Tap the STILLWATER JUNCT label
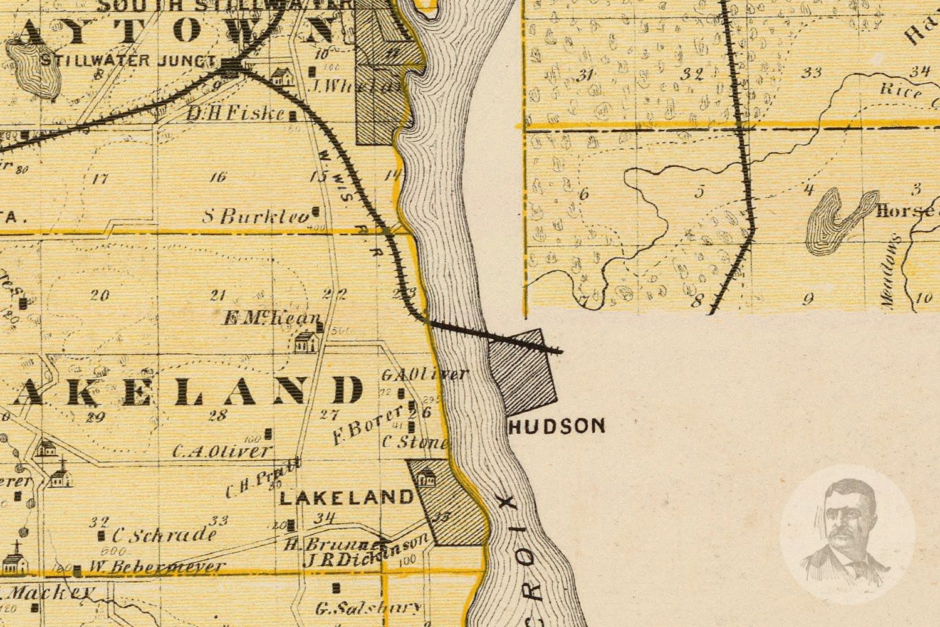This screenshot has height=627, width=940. pyautogui.click(x=128, y=61)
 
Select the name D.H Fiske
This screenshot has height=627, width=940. pyautogui.click(x=237, y=113)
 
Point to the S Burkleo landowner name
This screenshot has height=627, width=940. pyautogui.click(x=257, y=217)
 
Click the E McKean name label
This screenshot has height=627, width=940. pyautogui.click(x=273, y=319)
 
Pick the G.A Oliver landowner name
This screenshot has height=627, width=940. pyautogui.click(x=424, y=374)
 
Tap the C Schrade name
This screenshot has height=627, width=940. pyautogui.click(x=164, y=535)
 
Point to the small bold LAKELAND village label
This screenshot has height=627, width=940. pyautogui.click(x=346, y=498)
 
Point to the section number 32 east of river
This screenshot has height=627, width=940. pyautogui.click(x=692, y=74)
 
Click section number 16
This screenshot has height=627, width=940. pyautogui.click(x=217, y=177)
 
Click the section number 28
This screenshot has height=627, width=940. pyautogui.click(x=217, y=414)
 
